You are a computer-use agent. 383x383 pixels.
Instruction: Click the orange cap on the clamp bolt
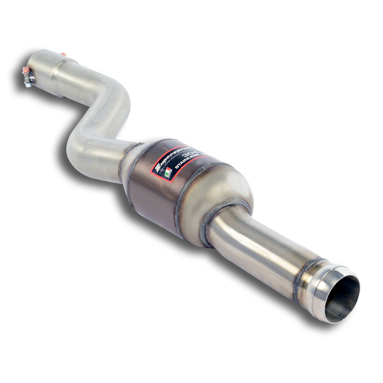(26, 70)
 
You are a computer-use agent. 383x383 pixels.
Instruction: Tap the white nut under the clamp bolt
(28, 84)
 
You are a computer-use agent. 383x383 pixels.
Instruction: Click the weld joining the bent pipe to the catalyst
(127, 161)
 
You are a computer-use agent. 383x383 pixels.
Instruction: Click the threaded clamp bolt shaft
(28, 77)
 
